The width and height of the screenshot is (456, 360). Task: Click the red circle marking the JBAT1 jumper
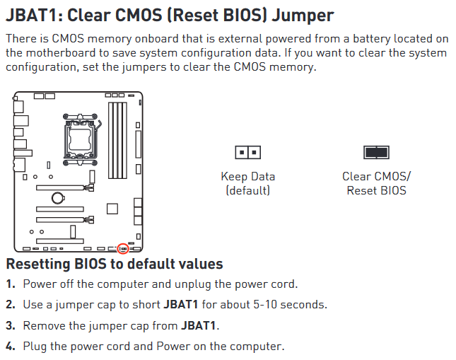click(123, 244)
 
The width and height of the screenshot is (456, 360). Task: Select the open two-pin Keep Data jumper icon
click(247, 152)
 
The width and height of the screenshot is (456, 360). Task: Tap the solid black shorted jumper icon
click(376, 152)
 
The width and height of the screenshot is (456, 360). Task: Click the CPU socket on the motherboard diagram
click(81, 139)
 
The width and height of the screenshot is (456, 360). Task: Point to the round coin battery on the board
click(57, 198)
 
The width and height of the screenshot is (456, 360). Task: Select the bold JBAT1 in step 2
click(181, 304)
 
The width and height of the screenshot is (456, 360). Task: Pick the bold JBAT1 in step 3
click(199, 325)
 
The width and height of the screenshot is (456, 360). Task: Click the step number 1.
click(11, 284)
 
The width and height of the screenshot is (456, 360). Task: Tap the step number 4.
click(11, 347)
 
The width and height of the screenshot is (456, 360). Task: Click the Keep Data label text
click(247, 176)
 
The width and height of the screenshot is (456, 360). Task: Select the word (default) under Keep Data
click(247, 190)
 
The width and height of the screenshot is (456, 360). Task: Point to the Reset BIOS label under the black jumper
click(376, 190)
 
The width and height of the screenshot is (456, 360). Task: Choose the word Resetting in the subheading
click(37, 265)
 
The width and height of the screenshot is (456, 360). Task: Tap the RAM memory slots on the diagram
click(117, 140)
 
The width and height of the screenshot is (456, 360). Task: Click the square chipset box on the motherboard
click(112, 209)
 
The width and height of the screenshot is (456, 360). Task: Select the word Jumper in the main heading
click(303, 16)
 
